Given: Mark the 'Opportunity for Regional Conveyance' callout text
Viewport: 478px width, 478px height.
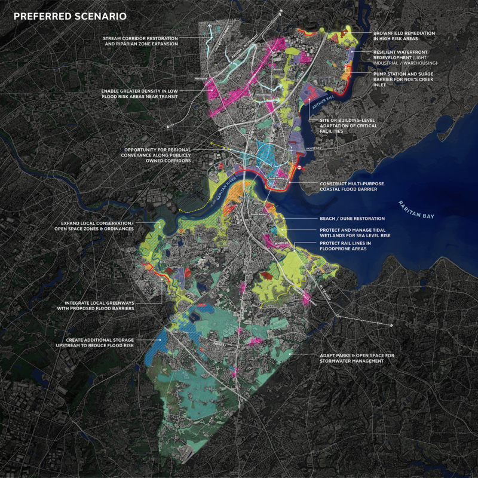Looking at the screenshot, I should (167, 155).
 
